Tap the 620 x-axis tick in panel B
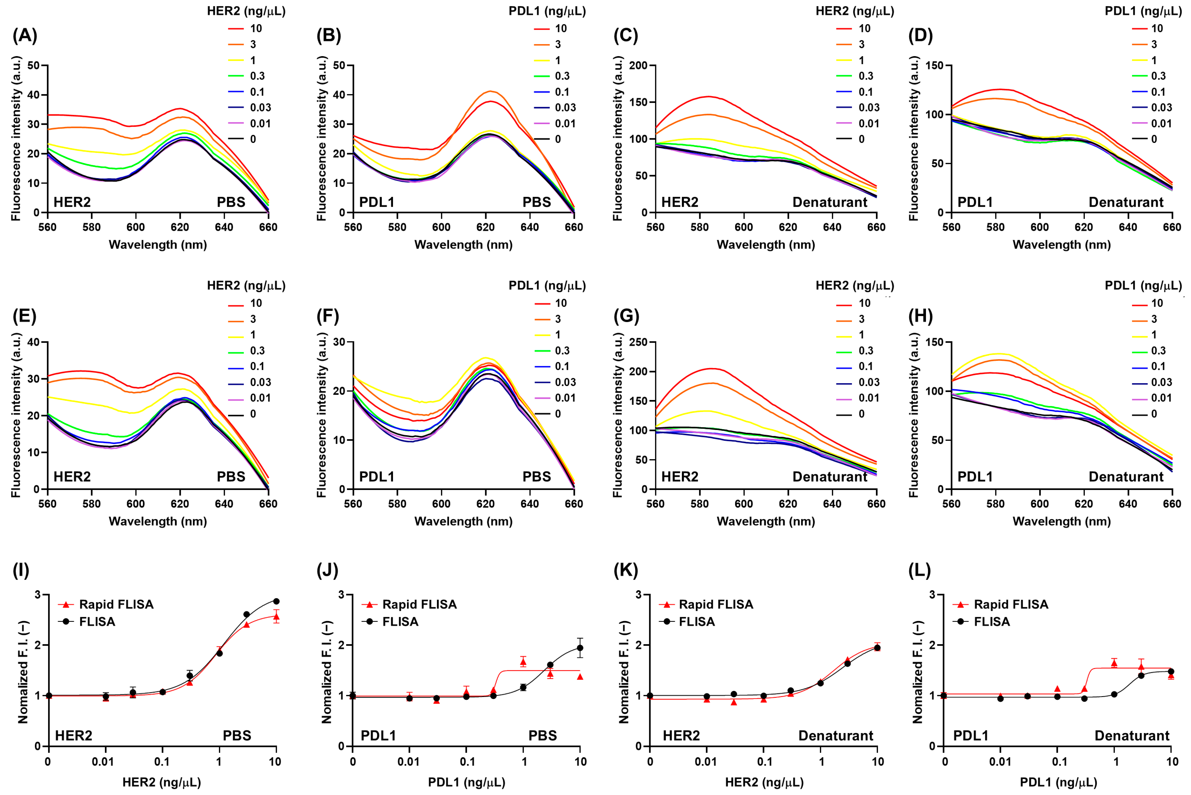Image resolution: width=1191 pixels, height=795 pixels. tap(485, 227)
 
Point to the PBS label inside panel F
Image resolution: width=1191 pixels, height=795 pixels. tap(536, 477)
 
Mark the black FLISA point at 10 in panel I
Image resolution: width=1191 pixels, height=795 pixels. tap(276, 601)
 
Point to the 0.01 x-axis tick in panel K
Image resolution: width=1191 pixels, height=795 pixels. tap(706, 761)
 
